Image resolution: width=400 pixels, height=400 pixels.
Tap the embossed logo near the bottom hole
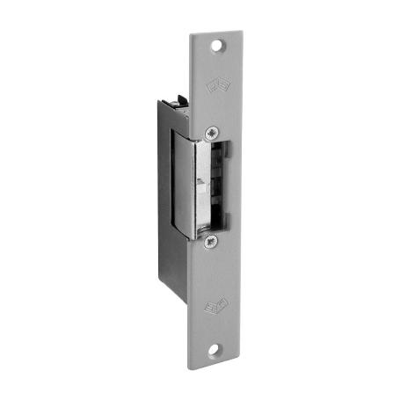click(215, 308)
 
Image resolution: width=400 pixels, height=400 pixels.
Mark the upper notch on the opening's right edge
click(225, 150)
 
